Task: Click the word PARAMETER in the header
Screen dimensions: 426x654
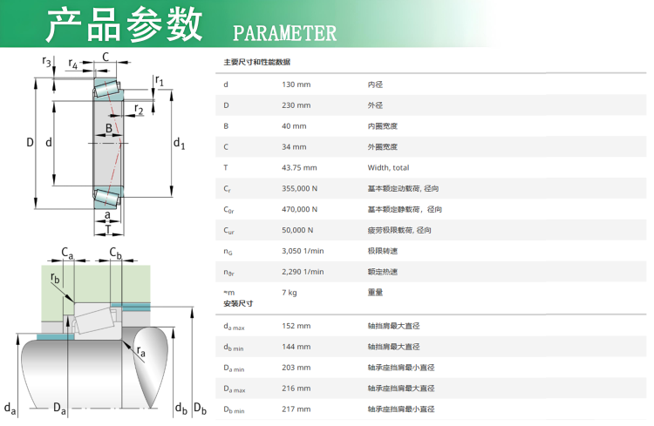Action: (284, 33)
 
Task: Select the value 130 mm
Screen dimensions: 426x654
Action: (296, 85)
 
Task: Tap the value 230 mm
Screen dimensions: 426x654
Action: (296, 105)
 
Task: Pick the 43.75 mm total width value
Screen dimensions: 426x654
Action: (299, 167)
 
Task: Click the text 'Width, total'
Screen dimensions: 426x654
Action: (388, 167)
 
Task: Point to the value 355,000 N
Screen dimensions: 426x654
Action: (300, 188)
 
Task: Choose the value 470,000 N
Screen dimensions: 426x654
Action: (300, 209)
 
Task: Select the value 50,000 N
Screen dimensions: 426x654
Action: (298, 230)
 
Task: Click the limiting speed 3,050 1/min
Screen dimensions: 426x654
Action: (303, 251)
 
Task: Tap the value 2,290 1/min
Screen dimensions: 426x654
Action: (303, 272)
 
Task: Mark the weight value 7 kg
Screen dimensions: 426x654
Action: (290, 293)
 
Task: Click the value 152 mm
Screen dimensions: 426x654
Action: (296, 326)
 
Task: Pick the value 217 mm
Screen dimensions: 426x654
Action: (296, 409)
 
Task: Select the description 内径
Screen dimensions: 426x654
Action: (376, 85)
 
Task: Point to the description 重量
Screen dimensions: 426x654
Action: (376, 293)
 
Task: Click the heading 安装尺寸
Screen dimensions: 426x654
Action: (238, 304)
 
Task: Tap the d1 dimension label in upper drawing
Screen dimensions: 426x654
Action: (179, 143)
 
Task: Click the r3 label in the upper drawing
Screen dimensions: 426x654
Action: (46, 61)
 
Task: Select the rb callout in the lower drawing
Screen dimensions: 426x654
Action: (56, 278)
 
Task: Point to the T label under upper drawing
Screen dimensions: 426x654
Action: (107, 230)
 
